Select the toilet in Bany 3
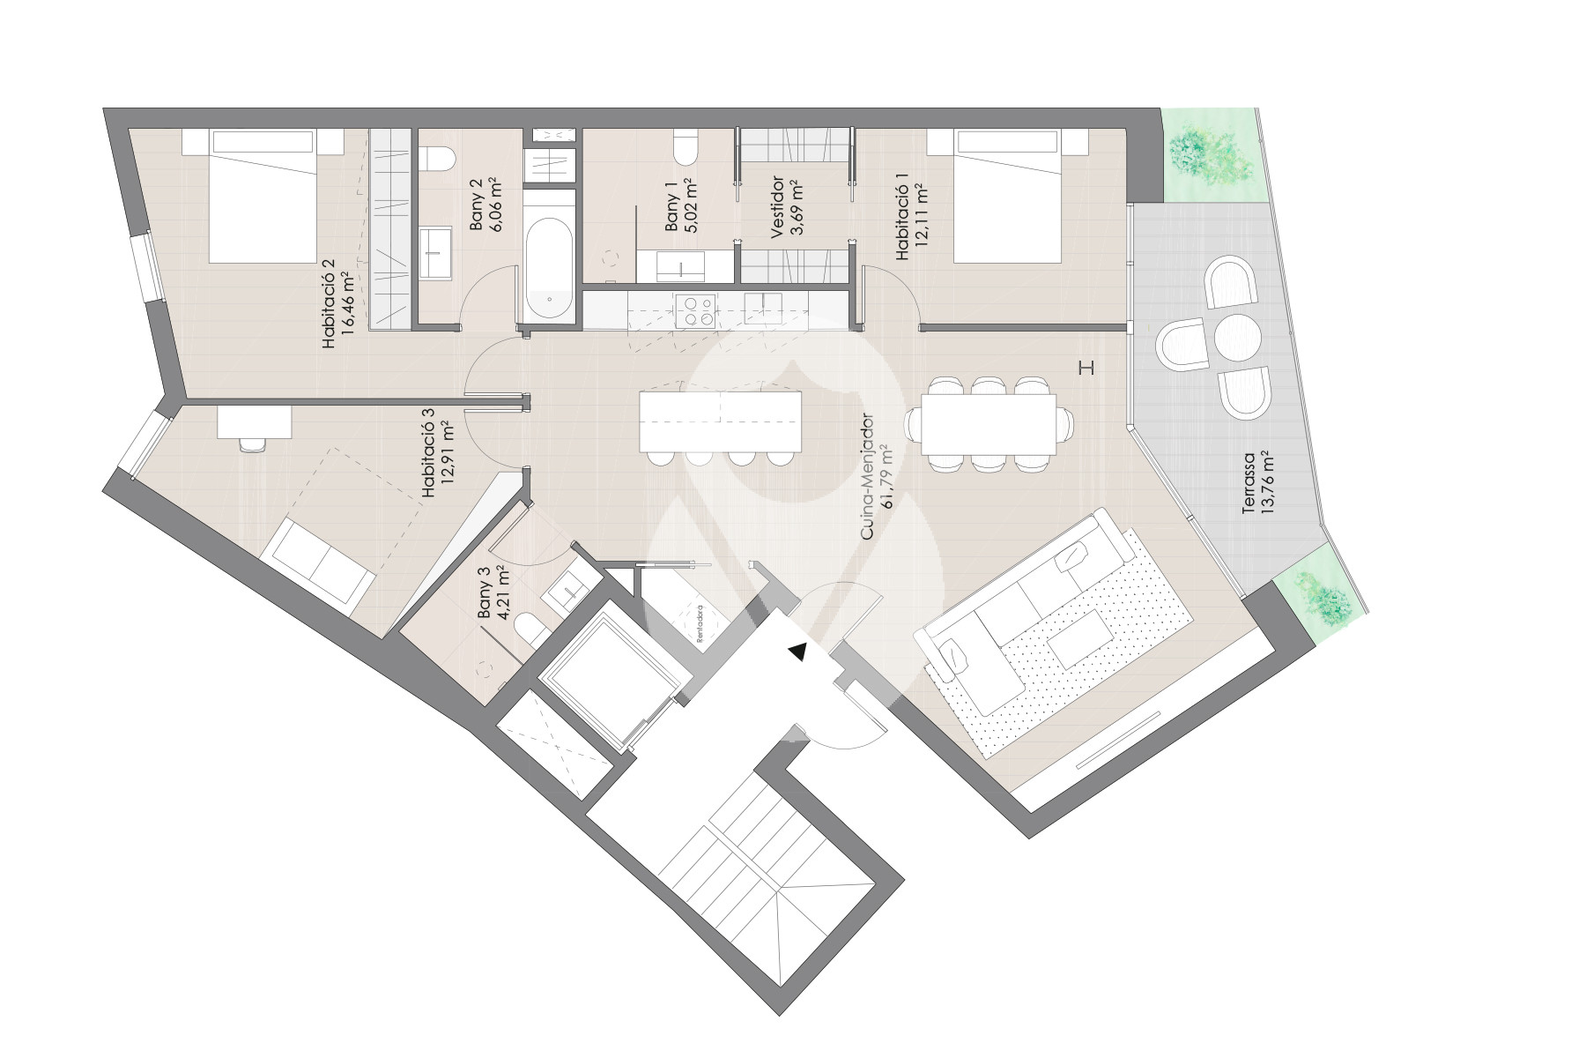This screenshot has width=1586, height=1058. tap(531, 629)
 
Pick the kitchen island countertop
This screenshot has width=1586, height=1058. tap(722, 421)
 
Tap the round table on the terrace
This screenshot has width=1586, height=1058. tap(1237, 338)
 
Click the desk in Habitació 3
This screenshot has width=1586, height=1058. tap(254, 421)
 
